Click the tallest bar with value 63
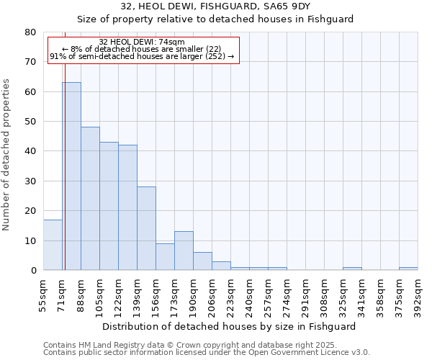71,176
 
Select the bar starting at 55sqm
53,245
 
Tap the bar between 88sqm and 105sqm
90,199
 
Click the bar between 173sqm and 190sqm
184,251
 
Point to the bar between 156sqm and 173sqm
165,257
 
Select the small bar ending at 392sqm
408,269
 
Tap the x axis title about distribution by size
229,326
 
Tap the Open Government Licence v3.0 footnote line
206,353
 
